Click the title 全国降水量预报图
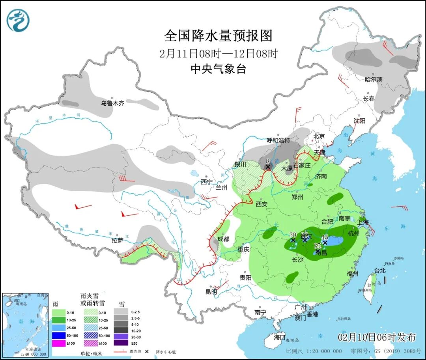(x=218, y=36)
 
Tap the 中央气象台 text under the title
(x=218, y=69)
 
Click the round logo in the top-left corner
(x=18, y=21)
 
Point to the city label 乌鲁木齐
(x=112, y=103)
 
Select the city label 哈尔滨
(x=373, y=79)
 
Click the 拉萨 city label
(x=118, y=241)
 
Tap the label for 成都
(x=223, y=239)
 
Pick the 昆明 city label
(x=211, y=292)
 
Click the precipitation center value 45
(x=325, y=237)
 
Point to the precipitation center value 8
(x=267, y=161)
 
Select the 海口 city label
(x=279, y=338)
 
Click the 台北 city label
(x=379, y=271)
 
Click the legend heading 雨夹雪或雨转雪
(x=90, y=298)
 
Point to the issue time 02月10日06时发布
(x=377, y=337)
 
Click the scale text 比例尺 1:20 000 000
(x=314, y=351)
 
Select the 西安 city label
(x=262, y=204)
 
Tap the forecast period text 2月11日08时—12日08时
(x=218, y=53)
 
